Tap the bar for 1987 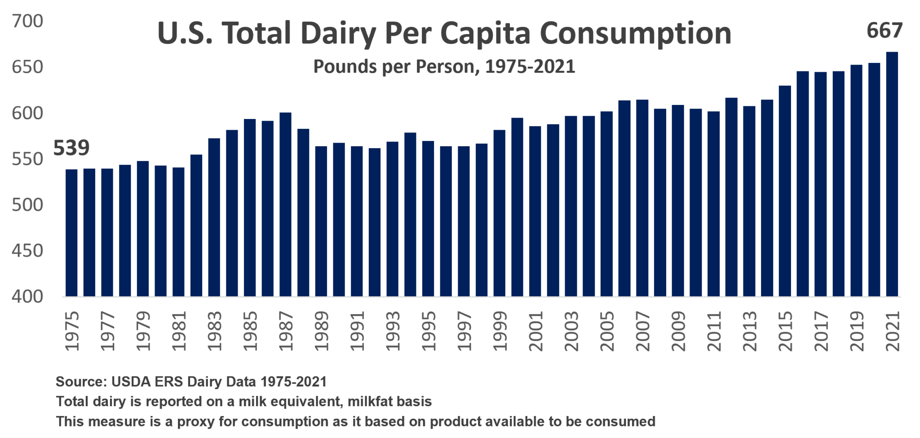tap(286, 204)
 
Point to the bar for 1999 tap(500, 213)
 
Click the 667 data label tap(884, 31)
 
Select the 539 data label tap(71, 148)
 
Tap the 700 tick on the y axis tap(27, 21)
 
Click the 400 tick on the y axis tap(27, 297)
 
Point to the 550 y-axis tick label tap(27, 159)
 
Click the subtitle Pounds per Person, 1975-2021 tap(444, 67)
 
